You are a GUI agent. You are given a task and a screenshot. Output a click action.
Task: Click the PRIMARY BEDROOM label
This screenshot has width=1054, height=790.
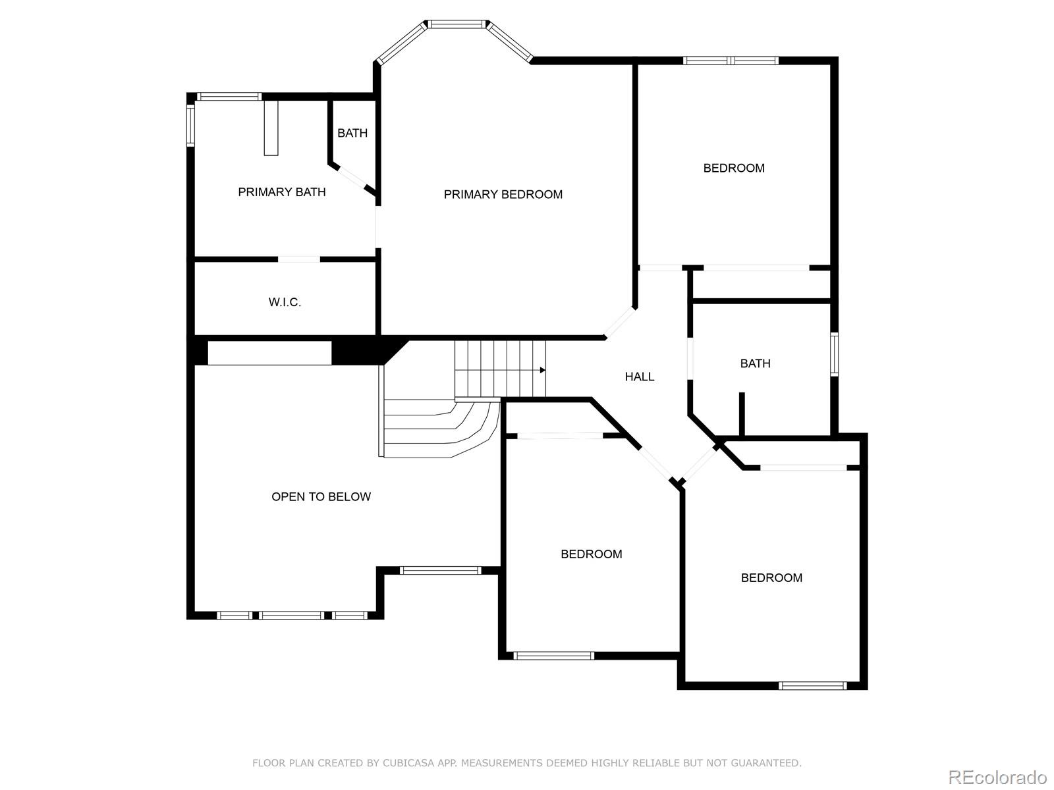click(x=503, y=194)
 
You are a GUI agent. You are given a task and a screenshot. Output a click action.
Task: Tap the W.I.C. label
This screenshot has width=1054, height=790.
click(x=285, y=302)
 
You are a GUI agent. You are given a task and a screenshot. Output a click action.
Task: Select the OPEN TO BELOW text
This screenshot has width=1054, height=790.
click(x=321, y=497)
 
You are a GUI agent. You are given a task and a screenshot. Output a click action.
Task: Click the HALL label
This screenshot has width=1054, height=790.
click(x=639, y=377)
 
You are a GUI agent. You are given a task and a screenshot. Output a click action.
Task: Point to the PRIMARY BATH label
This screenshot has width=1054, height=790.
click(x=281, y=192)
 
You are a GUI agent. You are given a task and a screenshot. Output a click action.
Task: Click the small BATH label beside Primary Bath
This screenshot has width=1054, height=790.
click(x=352, y=133)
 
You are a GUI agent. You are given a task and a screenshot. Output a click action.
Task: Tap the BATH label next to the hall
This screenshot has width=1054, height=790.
click(x=755, y=363)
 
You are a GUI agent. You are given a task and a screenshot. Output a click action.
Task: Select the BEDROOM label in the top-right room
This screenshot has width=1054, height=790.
click(x=734, y=168)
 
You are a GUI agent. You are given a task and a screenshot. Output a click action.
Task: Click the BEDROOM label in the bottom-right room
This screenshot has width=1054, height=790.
click(x=771, y=578)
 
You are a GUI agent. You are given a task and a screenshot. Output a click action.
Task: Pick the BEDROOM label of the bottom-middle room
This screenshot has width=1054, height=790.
click(x=591, y=554)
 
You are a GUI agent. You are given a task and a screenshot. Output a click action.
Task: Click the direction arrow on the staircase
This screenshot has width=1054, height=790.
click(x=542, y=370)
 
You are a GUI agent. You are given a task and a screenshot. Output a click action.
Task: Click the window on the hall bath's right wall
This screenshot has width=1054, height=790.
click(x=834, y=354)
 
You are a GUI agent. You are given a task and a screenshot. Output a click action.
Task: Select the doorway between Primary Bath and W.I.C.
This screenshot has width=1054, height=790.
click(x=298, y=259)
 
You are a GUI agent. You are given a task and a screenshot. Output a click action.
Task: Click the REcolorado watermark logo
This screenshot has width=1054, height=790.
click(x=997, y=777)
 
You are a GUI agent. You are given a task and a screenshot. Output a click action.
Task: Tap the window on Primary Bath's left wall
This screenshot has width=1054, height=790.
click(x=190, y=125)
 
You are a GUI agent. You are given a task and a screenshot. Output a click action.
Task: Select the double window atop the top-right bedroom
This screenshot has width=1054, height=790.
click(x=731, y=61)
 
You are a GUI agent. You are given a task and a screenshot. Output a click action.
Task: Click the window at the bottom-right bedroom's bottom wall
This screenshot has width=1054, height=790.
click(x=812, y=686)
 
